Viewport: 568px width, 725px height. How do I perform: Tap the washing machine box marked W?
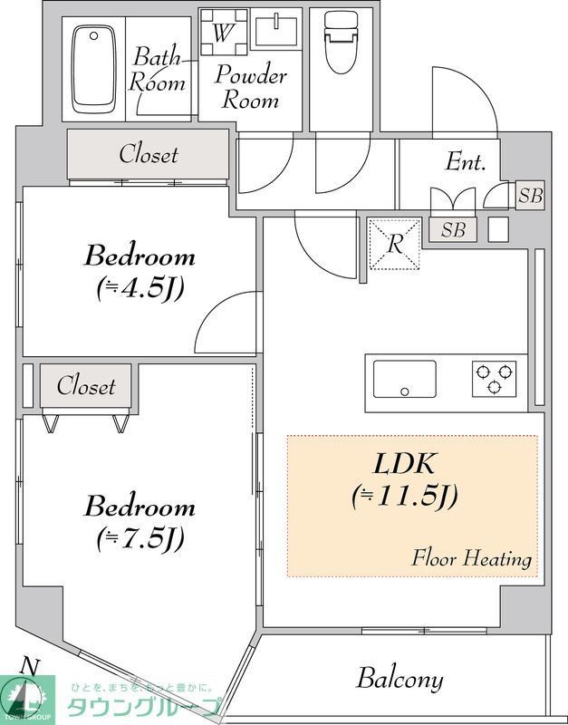(x=222, y=34)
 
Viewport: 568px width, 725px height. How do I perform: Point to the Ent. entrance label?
(x=466, y=163)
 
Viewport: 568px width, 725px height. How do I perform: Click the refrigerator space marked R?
(x=395, y=243)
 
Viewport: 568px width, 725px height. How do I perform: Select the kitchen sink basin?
(x=405, y=378)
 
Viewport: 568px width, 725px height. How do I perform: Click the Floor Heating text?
(x=471, y=558)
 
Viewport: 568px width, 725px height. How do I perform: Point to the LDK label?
(x=406, y=465)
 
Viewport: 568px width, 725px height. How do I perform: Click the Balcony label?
(x=400, y=678)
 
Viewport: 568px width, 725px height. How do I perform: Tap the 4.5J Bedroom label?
(x=140, y=270)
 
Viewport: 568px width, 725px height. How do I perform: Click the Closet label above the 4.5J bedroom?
(x=149, y=155)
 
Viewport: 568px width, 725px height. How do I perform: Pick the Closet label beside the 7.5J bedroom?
(x=86, y=386)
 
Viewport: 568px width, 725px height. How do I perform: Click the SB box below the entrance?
(x=453, y=230)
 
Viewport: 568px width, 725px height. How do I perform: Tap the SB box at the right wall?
(x=530, y=195)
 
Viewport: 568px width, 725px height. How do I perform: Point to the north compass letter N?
(x=30, y=666)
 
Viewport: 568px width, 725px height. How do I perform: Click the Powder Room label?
(x=251, y=87)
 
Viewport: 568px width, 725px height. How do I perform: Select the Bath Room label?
(x=159, y=70)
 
